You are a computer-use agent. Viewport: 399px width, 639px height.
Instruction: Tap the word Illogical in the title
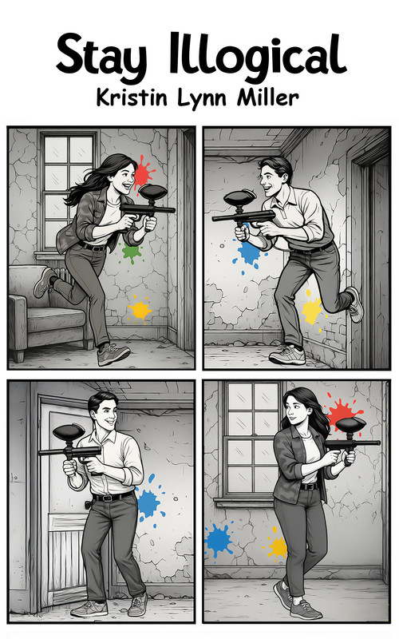tap(258, 56)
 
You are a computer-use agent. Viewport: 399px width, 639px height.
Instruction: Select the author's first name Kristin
tap(132, 98)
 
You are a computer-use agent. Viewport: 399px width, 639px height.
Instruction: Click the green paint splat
tap(132, 252)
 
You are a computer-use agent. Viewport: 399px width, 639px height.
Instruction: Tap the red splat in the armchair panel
tap(143, 171)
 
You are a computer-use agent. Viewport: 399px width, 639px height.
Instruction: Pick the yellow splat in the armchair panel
tap(140, 310)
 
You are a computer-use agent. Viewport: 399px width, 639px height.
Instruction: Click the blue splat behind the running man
tap(248, 253)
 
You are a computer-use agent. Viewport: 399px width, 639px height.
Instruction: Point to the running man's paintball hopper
tap(240, 198)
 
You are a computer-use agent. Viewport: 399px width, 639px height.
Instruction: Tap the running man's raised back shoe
tap(354, 304)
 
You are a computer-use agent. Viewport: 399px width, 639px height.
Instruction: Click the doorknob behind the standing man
tap(87, 505)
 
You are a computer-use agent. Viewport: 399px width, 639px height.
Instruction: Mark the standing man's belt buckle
tap(107, 498)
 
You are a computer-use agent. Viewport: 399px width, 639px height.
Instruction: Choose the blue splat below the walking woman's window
tap(219, 540)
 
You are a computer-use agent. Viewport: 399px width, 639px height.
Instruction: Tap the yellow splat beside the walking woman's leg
tap(278, 546)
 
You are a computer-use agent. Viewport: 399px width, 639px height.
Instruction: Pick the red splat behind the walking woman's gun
tap(344, 412)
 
